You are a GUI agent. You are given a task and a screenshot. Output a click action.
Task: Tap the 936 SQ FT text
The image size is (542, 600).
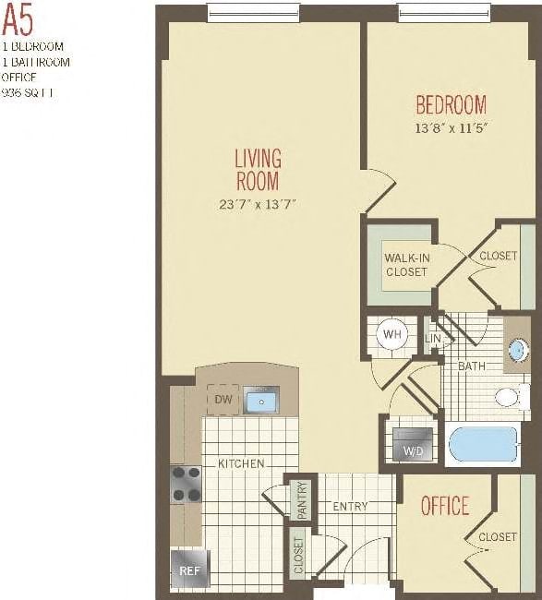[29, 92]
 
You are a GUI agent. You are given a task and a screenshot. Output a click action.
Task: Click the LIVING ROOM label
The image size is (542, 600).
[258, 169]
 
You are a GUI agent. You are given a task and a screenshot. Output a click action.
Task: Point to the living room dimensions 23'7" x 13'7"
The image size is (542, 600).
[257, 204]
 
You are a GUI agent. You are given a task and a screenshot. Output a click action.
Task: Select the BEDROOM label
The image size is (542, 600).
[451, 103]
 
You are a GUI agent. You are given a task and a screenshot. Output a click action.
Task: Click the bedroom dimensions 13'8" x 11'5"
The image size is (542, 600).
[451, 127]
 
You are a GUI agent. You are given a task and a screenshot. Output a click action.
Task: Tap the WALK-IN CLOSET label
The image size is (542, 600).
[405, 264]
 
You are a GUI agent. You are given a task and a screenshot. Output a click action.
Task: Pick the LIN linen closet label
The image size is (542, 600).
[433, 339]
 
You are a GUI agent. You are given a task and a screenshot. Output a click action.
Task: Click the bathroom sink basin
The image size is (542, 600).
[518, 351]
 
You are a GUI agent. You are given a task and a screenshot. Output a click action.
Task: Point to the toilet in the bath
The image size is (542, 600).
[509, 398]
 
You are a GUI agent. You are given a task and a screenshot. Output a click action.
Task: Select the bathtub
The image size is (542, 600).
[483, 445]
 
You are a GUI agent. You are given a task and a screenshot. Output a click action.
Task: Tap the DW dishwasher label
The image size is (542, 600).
[223, 400]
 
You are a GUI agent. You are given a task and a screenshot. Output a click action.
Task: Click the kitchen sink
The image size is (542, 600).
[262, 401]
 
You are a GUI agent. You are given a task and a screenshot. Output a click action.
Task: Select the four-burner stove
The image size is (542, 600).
[187, 483]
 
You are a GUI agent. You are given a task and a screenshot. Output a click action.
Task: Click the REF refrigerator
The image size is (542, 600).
[189, 570]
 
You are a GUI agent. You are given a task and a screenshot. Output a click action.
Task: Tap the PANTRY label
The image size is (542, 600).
[300, 499]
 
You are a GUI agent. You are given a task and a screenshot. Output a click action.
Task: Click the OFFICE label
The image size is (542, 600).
[445, 506]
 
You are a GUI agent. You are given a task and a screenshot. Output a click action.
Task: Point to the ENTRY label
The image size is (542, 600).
[350, 506]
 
